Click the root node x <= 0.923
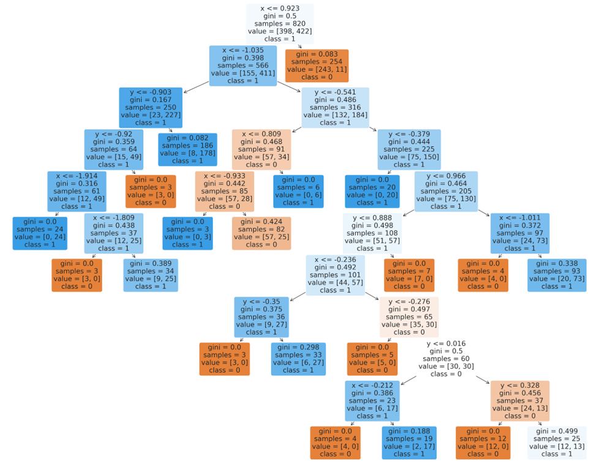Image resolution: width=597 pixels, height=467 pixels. point(279,24)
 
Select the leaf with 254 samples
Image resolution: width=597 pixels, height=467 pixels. point(317,65)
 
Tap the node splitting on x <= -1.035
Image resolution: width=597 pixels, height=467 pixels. point(242,65)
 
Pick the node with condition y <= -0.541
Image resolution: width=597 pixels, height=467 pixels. point(336,107)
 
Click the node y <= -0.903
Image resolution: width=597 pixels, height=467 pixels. point(151,107)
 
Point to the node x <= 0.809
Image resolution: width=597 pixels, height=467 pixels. point(261,149)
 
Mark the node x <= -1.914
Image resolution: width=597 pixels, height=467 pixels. point(77,191)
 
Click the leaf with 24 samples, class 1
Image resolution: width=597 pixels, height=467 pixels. point(40,233)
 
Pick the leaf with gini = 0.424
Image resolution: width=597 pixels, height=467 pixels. point(261,233)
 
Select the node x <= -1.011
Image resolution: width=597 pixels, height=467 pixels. point(520,233)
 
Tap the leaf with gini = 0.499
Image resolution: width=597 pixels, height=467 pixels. point(557,443)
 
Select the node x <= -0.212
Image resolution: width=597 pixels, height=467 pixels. point(372,400)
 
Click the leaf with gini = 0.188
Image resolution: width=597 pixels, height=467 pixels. point(409,443)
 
